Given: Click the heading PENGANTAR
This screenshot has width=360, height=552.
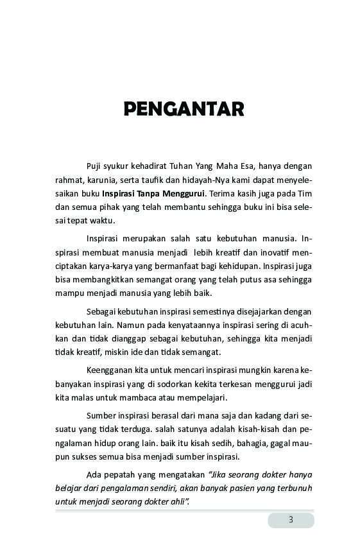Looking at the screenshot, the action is (184, 108).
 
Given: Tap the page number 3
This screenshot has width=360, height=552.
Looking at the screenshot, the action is (291, 520).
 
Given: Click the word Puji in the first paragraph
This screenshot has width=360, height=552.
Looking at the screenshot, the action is (94, 166).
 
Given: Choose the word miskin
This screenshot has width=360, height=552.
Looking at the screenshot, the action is (112, 352).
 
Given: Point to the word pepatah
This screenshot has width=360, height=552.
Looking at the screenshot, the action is (121, 475).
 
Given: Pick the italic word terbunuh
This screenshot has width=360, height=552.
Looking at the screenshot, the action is (294, 488).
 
